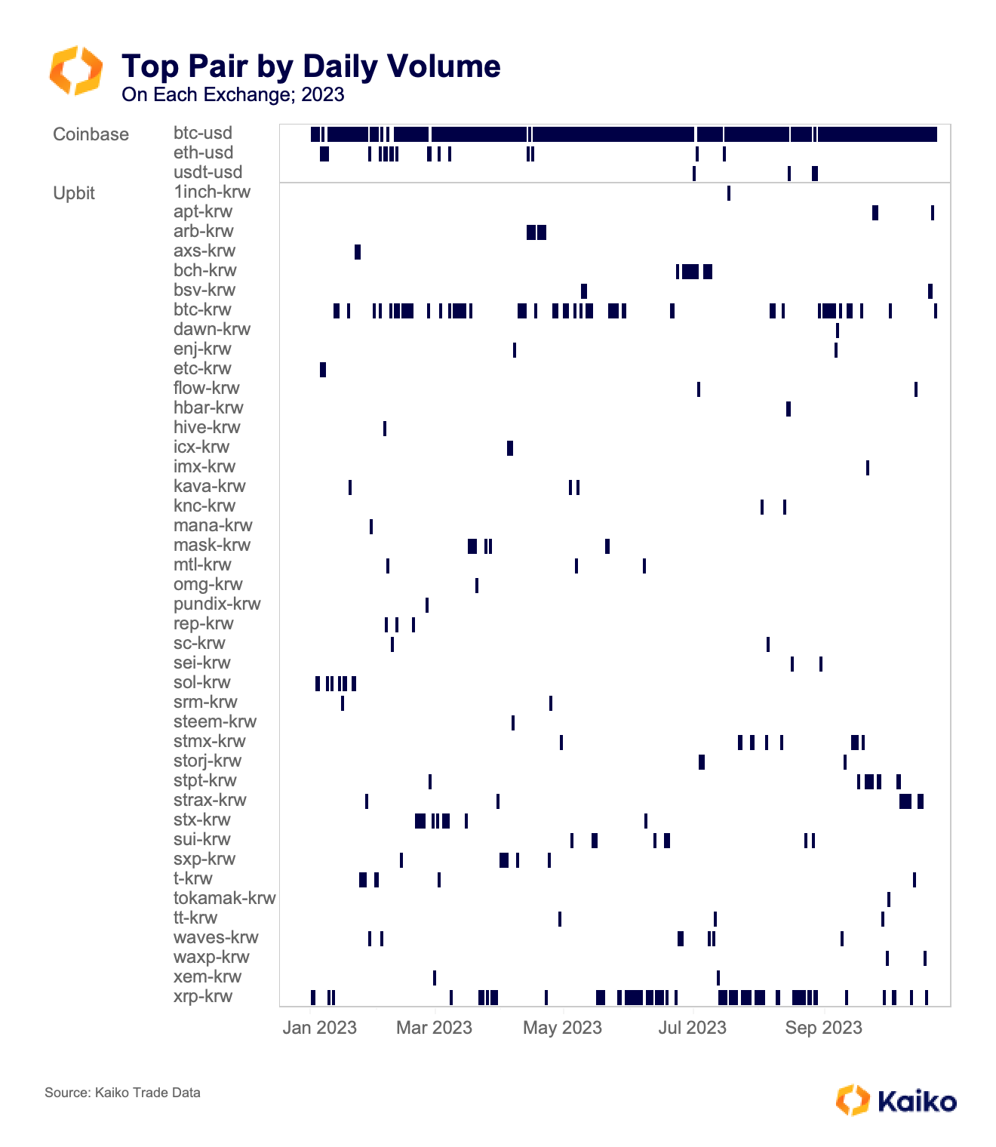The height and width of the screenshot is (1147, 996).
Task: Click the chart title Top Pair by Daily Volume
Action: pyautogui.click(x=311, y=66)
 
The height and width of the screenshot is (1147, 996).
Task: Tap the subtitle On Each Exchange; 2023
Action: pyautogui.click(x=232, y=95)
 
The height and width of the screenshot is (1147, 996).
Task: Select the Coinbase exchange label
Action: pyautogui.click(x=91, y=134)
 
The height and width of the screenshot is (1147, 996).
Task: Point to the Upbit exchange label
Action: pyautogui.click(x=74, y=193)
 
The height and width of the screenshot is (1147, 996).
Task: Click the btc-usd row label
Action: pyautogui.click(x=203, y=134)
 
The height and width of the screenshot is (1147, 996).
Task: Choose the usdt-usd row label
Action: pyautogui.click(x=207, y=173)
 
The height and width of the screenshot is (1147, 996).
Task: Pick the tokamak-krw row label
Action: pyautogui.click(x=224, y=899)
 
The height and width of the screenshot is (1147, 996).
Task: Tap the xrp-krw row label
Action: pyautogui.click(x=203, y=997)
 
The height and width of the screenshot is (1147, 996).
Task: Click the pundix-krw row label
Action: pyautogui.click(x=217, y=604)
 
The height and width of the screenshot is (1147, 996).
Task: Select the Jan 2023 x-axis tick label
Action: pyautogui.click(x=319, y=1028)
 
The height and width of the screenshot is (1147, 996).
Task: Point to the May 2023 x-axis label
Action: pyautogui.click(x=562, y=1028)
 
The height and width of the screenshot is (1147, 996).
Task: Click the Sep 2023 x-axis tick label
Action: pyautogui.click(x=823, y=1028)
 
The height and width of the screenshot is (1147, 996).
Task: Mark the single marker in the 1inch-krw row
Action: pyautogui.click(x=728, y=193)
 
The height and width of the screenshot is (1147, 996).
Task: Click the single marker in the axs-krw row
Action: pyautogui.click(x=358, y=252)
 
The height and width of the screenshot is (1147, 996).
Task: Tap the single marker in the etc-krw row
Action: pyautogui.click(x=323, y=370)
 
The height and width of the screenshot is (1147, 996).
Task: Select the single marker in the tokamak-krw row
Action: pyautogui.click(x=889, y=899)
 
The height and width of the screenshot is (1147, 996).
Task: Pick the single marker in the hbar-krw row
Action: pyautogui.click(x=788, y=409)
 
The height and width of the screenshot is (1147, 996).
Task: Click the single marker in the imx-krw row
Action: pyautogui.click(x=868, y=468)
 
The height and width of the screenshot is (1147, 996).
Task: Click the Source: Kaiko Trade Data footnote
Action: pyautogui.click(x=122, y=1093)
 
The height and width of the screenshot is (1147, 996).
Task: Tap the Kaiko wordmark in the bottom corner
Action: pyautogui.click(x=917, y=1102)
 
